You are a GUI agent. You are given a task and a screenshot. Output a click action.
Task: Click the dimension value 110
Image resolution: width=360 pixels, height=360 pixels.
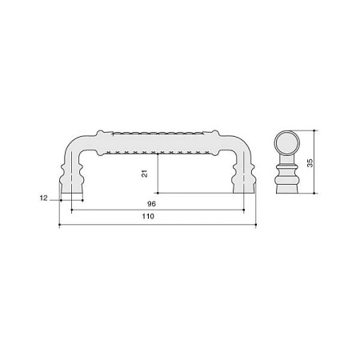pyautogui.click(x=148, y=216)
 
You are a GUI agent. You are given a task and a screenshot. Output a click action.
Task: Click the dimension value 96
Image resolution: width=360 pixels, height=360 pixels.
pyautogui.click(x=151, y=204)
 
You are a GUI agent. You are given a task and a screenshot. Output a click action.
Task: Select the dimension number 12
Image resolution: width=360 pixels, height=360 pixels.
pyautogui.click(x=43, y=198)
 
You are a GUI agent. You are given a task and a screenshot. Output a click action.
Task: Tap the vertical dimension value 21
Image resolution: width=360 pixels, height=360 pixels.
pyautogui.click(x=145, y=174)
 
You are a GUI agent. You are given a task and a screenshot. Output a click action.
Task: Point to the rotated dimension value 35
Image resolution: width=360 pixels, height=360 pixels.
pyautogui.click(x=310, y=163)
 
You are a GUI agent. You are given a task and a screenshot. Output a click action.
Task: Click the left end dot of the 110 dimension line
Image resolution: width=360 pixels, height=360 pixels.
pyautogui.click(x=59, y=225)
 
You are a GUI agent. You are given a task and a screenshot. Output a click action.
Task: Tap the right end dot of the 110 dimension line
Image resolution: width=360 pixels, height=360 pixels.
pyautogui.click(x=256, y=225)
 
